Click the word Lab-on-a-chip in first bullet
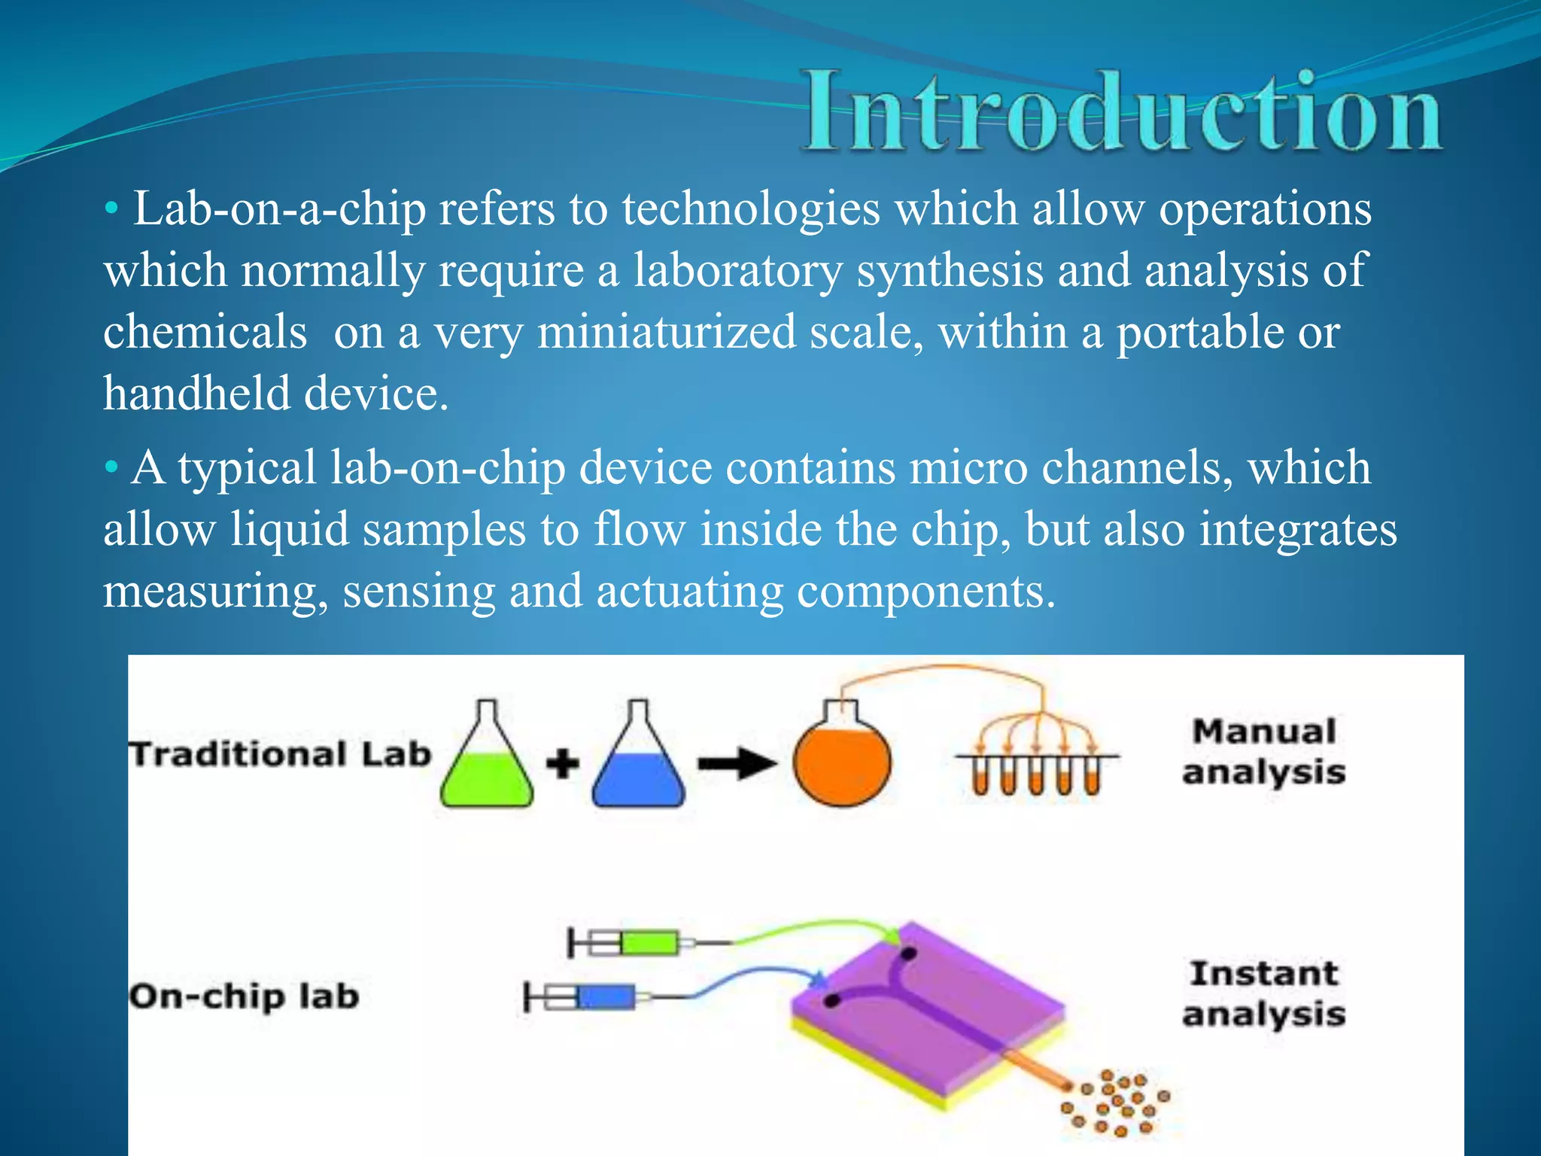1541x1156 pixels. click(279, 209)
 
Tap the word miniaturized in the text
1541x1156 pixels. click(667, 333)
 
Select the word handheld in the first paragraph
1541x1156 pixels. click(196, 394)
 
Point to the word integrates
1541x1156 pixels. click(1297, 530)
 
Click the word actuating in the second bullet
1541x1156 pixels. click(689, 592)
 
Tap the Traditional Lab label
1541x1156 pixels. click(280, 755)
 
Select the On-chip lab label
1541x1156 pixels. click(244, 996)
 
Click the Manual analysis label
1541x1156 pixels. click(1263, 752)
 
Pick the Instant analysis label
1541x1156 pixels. click(1263, 993)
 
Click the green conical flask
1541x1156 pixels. click(487, 760)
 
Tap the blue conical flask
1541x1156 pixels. click(638, 760)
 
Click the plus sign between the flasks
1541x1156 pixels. click(562, 764)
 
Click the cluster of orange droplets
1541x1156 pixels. click(1117, 1103)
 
